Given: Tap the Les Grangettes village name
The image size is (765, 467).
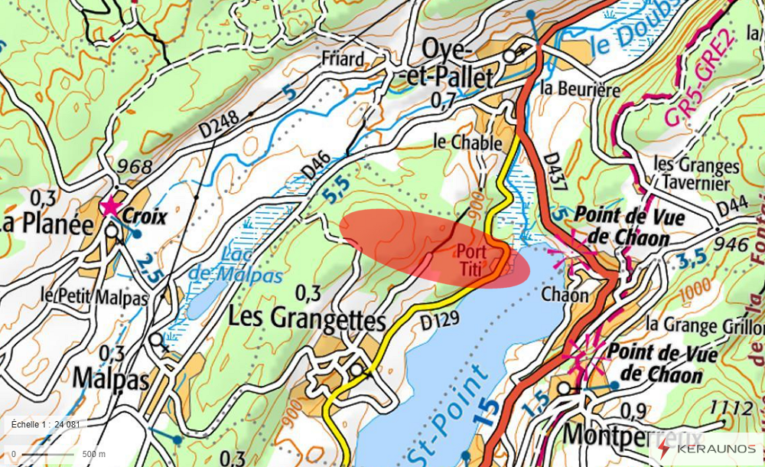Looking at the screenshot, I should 307,318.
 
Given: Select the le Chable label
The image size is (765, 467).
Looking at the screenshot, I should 467,142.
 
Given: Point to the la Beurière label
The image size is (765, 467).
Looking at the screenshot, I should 580,89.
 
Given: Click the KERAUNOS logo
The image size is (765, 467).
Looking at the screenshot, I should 708,449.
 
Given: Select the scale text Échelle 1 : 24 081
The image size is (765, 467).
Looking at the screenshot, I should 46,424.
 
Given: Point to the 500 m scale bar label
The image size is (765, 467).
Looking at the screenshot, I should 93,454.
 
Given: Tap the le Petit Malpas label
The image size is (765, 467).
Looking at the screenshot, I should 93,297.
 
